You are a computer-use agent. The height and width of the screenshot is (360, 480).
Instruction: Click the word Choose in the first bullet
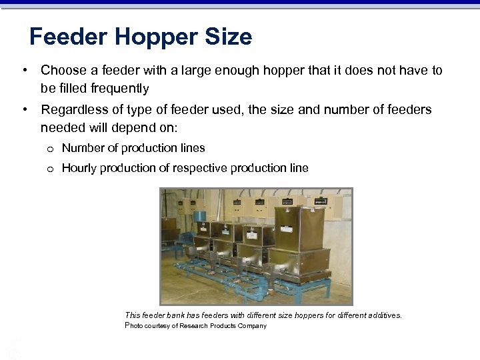64,70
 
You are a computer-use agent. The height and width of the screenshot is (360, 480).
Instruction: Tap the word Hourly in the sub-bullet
79,168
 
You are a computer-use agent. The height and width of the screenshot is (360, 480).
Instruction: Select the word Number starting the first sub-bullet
83,148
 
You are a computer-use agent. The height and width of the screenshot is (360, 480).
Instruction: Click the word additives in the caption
382,315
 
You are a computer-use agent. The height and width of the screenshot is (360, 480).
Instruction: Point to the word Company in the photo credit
251,326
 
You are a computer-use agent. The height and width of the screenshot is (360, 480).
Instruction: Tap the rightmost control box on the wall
331,204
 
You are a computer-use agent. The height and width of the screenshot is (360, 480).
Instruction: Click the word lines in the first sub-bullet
193,148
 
